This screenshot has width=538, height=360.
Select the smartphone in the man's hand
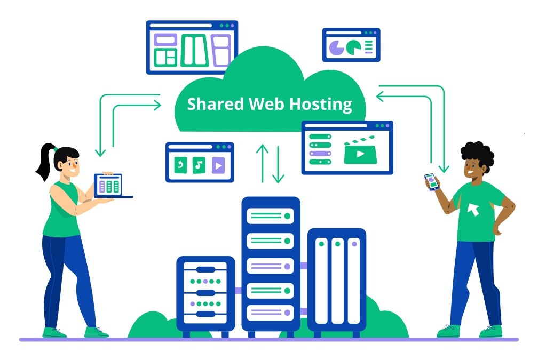pos(431,181)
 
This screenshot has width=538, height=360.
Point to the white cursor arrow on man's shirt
pos(473,210)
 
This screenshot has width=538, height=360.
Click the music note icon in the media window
pos(199,165)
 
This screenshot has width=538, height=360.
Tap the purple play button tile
pos(217,165)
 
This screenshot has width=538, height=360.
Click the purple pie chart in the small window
pos(336,48)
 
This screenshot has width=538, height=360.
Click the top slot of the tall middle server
pos(271,216)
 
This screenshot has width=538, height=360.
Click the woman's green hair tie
pos(55,148)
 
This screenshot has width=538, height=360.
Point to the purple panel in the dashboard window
pos(220,51)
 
